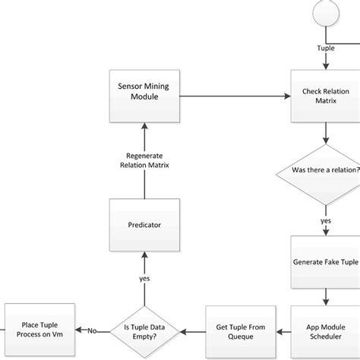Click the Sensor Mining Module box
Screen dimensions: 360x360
point(144,96)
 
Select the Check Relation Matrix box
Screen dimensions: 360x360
point(326,96)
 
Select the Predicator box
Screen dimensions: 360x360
point(144,225)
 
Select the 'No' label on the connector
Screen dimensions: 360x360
point(91,330)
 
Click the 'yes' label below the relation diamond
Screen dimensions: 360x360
point(326,221)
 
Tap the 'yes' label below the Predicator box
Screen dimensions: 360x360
point(144,278)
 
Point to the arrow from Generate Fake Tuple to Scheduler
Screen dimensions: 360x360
point(326,295)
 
